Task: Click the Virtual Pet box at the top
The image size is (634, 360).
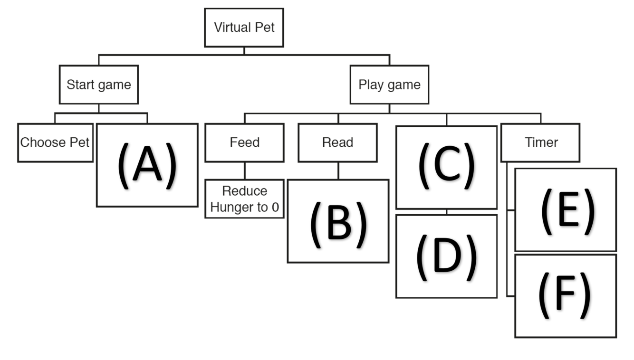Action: [x=244, y=28]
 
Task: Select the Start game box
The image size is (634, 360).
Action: [x=99, y=85]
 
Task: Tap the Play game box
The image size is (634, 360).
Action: [x=389, y=85]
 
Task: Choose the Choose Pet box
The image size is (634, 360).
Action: [x=55, y=142]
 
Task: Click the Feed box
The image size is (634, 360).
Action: [x=245, y=142]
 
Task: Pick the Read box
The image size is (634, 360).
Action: [x=338, y=142]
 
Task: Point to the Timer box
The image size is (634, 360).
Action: [x=540, y=142]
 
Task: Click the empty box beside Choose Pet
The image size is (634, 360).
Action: [x=147, y=165]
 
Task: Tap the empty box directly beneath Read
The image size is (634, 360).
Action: [x=338, y=221]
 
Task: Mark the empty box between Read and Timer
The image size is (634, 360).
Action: [x=446, y=167]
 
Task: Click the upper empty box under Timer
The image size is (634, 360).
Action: [x=566, y=209]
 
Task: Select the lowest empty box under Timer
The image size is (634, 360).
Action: [x=566, y=296]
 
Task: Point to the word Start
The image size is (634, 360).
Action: [x=80, y=85]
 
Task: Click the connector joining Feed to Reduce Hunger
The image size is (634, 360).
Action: [x=244, y=171]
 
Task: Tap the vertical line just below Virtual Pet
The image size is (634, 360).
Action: [x=244, y=51]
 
